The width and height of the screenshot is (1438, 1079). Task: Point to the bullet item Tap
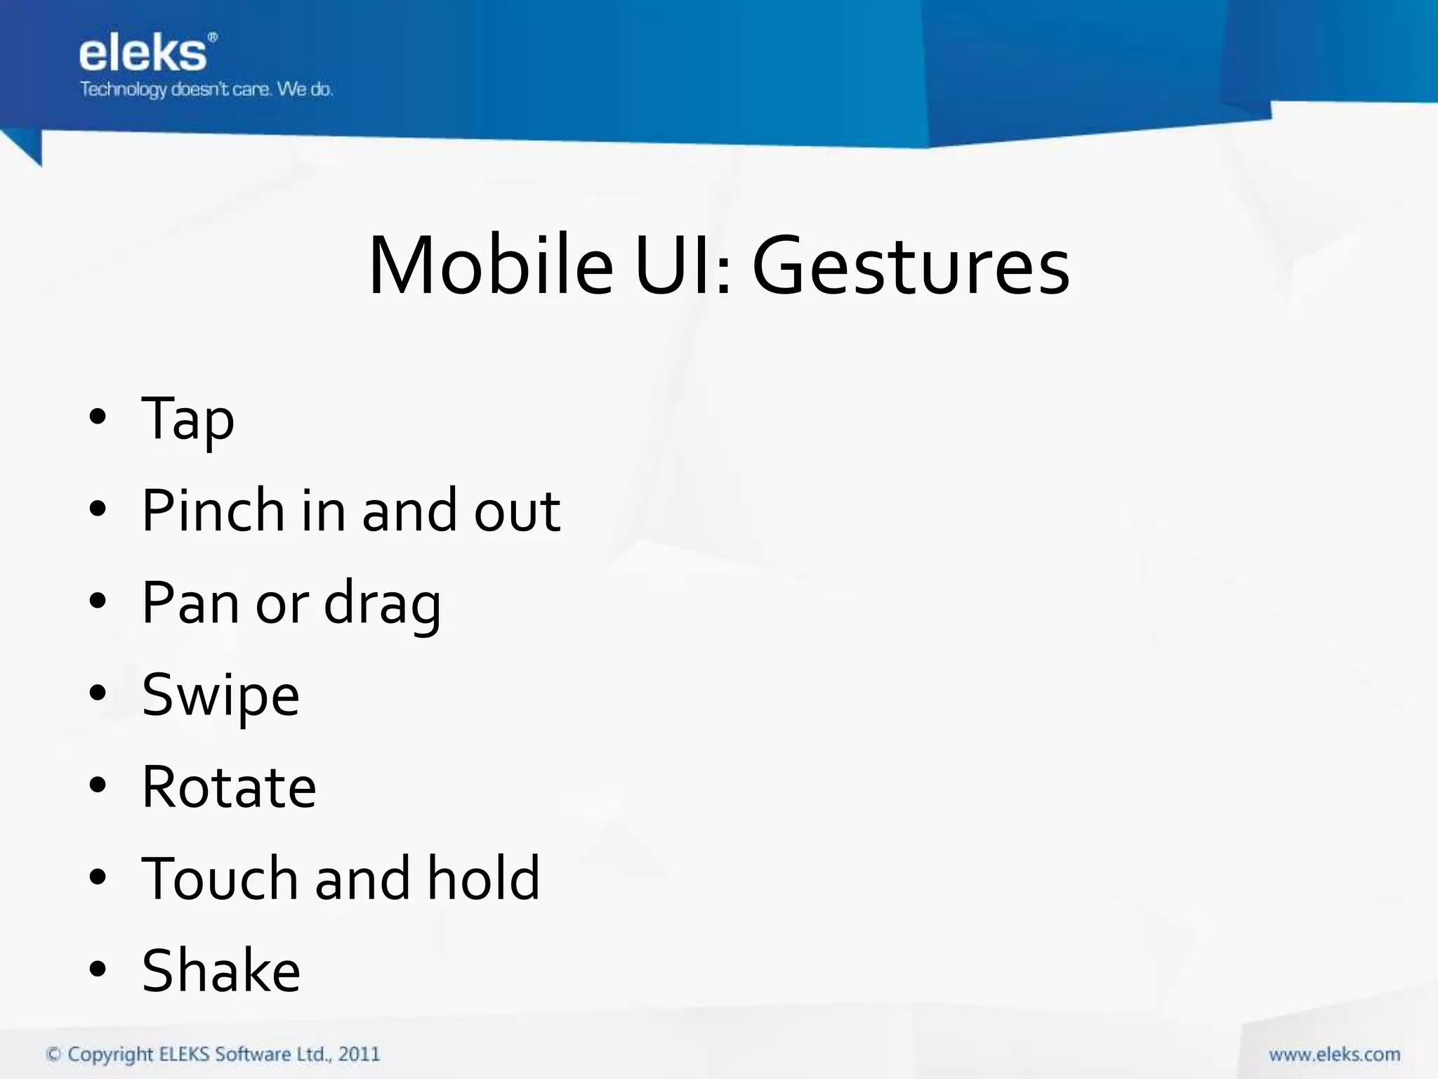[x=187, y=419]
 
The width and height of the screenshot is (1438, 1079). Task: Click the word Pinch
[x=213, y=510]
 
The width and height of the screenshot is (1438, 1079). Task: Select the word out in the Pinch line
[x=517, y=511]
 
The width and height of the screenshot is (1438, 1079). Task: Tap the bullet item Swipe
[x=220, y=696]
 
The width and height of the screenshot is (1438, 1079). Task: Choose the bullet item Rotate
[x=229, y=787]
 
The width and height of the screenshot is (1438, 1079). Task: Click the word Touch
[x=220, y=879]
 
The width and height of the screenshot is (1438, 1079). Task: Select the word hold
[x=484, y=879]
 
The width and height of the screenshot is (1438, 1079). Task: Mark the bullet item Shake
[x=221, y=971]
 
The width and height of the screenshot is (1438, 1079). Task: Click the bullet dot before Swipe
[x=98, y=693]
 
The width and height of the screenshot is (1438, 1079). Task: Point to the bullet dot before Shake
[x=98, y=969]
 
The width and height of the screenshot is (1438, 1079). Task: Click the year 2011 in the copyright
[x=359, y=1054]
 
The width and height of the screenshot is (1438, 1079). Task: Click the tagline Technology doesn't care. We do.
[x=206, y=90]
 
